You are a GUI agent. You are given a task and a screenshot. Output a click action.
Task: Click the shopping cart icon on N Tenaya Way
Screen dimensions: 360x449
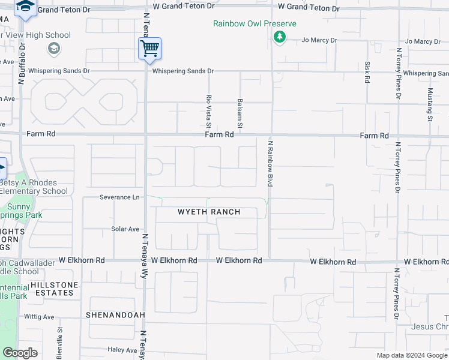pyautogui.click(x=149, y=48)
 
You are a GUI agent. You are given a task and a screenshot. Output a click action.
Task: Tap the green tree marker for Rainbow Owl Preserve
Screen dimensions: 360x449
pyautogui.click(x=279, y=37)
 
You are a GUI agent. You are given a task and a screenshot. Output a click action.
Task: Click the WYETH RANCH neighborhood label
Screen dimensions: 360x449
pyautogui.click(x=209, y=212)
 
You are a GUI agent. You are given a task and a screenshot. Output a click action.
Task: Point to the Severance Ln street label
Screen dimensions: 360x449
pyautogui.click(x=119, y=197)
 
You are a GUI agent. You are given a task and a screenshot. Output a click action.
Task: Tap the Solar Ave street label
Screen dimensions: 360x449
pyautogui.click(x=125, y=229)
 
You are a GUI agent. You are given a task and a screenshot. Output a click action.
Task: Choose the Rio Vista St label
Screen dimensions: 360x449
pyautogui.click(x=209, y=111)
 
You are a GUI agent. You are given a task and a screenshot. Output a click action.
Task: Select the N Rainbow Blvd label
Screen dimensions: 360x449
pyautogui.click(x=270, y=163)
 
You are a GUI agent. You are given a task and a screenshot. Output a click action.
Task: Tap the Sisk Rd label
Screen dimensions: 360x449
pyautogui.click(x=367, y=72)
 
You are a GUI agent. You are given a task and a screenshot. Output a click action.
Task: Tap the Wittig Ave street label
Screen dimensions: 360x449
pyautogui.click(x=39, y=317)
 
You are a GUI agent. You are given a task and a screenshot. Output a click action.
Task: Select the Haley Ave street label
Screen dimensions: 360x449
pyautogui.click(x=123, y=350)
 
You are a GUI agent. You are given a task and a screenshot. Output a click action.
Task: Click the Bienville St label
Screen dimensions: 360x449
pyautogui.click(x=59, y=343)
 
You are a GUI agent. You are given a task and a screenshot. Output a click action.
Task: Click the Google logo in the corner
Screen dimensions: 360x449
pyautogui.click(x=20, y=353)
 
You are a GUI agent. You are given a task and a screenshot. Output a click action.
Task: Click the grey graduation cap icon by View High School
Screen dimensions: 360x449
pyautogui.click(x=53, y=49)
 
